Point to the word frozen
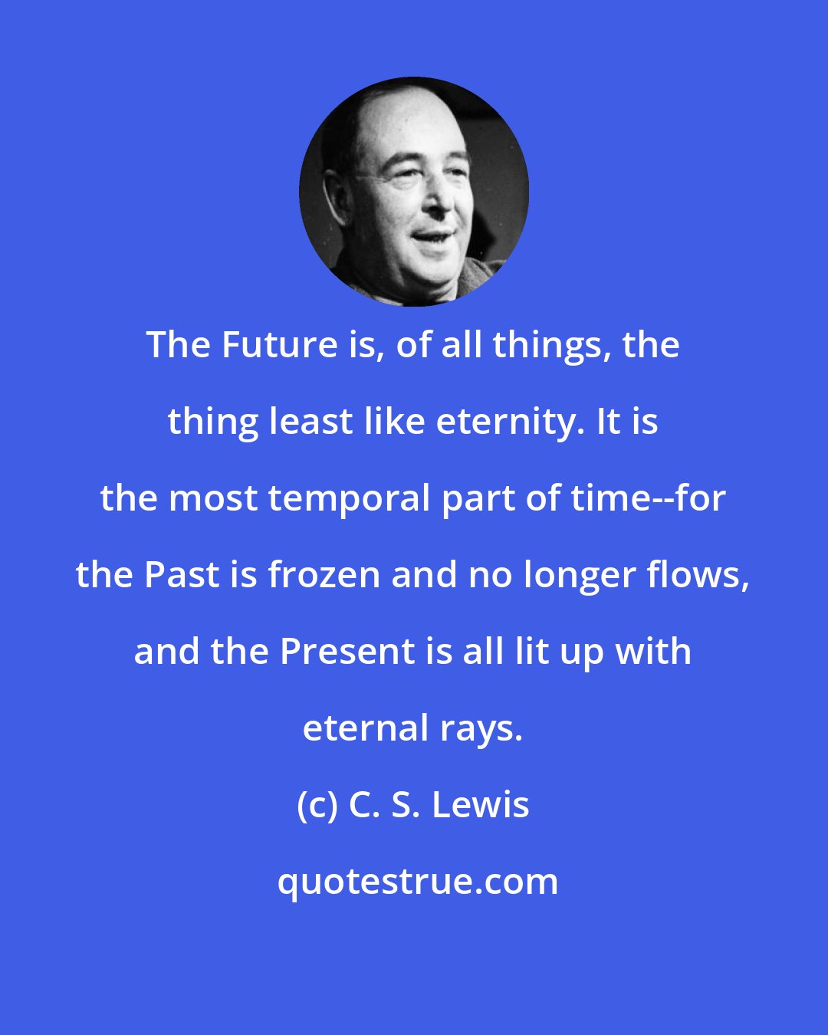(324, 575)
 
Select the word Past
(182, 575)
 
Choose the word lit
(527, 652)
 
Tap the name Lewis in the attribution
(481, 805)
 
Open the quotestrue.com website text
(417, 882)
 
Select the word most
(212, 498)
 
